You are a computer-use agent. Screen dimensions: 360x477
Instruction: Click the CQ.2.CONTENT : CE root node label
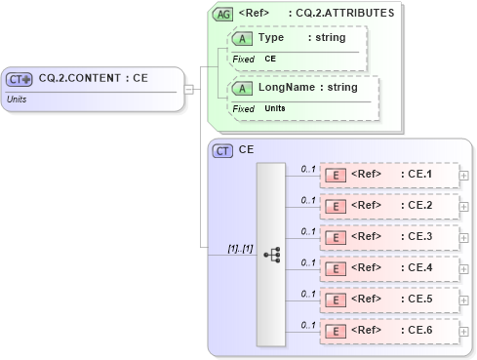click(93, 79)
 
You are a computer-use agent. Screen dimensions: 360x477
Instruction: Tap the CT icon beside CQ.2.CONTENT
click(20, 79)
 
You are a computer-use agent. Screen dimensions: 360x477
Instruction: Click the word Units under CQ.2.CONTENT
click(17, 99)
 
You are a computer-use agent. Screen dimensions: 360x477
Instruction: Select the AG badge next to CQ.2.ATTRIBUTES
click(223, 14)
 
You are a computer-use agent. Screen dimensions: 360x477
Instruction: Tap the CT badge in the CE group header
click(223, 151)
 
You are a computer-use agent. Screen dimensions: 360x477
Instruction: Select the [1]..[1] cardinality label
click(240, 249)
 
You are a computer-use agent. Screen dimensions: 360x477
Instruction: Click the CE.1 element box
click(388, 176)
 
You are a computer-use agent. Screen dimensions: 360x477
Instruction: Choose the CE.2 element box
click(388, 207)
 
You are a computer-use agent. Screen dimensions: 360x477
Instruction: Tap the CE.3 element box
click(388, 238)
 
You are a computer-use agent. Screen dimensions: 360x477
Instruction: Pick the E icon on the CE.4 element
click(336, 269)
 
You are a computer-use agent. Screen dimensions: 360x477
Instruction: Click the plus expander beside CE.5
click(463, 300)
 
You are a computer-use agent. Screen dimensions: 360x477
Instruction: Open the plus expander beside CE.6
click(463, 332)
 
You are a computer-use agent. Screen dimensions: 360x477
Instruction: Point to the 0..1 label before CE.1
click(307, 169)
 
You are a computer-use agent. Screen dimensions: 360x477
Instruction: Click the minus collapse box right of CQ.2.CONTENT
click(189, 89)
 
